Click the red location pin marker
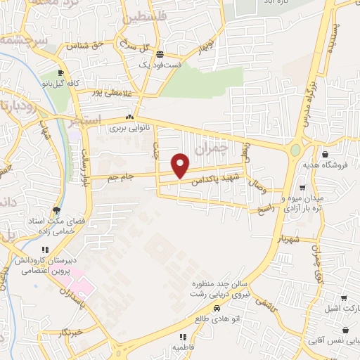coord(181,165)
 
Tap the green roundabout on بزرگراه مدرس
coord(295,150)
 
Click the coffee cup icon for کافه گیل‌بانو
coord(61,73)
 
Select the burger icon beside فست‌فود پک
coord(160,54)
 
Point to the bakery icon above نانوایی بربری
coord(129,117)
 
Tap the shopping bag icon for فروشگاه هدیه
coord(325,154)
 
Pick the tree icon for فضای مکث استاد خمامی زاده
coord(56,210)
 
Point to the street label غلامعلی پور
coord(109,91)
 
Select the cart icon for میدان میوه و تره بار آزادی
coord(302,188)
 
